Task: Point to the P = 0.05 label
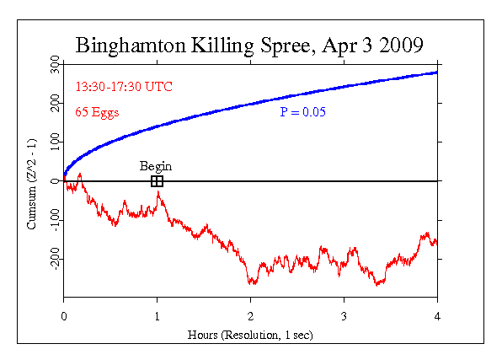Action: coord(302,111)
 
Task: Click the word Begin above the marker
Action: coord(156,166)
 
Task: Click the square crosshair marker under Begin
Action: coord(157,180)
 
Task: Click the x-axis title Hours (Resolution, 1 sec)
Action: coord(249,334)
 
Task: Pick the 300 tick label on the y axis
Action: coord(54,64)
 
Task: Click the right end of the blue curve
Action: coord(436,73)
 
